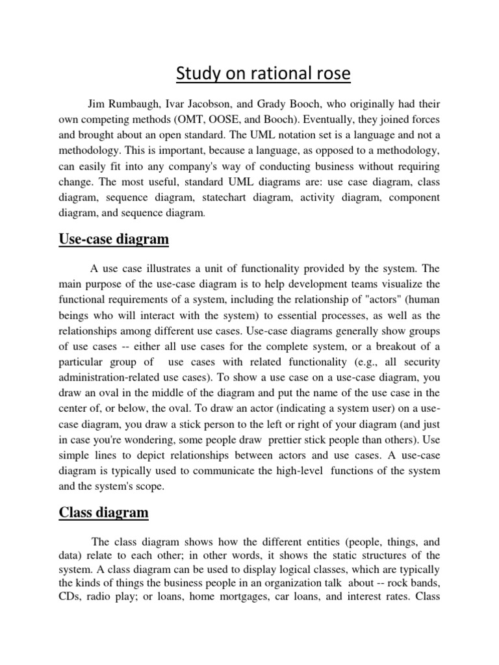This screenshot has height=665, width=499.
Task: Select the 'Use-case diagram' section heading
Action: pos(114,240)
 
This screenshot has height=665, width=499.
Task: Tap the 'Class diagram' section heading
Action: pos(104,512)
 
